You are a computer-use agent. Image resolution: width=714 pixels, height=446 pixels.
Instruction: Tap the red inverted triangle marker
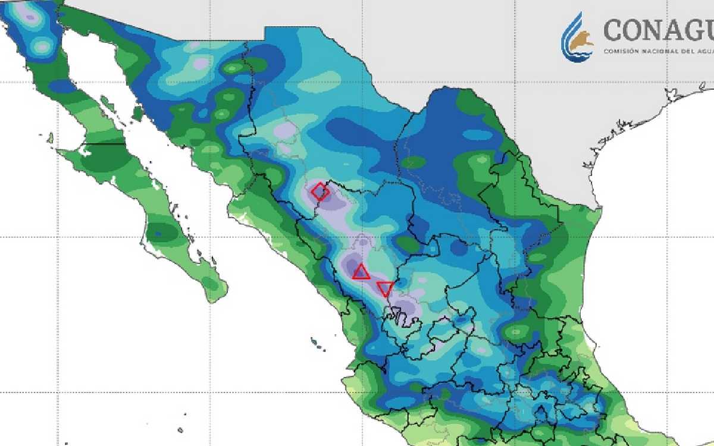point(386,289)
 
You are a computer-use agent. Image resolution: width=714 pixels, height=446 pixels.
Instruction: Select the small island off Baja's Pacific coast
point(50,138)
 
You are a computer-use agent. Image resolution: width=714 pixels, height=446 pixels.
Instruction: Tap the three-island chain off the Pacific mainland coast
point(318,344)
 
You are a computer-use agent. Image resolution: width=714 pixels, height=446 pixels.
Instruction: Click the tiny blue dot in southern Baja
point(158,234)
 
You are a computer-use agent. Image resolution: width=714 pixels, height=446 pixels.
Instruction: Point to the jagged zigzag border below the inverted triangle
point(397,315)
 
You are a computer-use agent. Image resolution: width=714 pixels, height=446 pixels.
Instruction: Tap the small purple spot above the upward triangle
point(364,241)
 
